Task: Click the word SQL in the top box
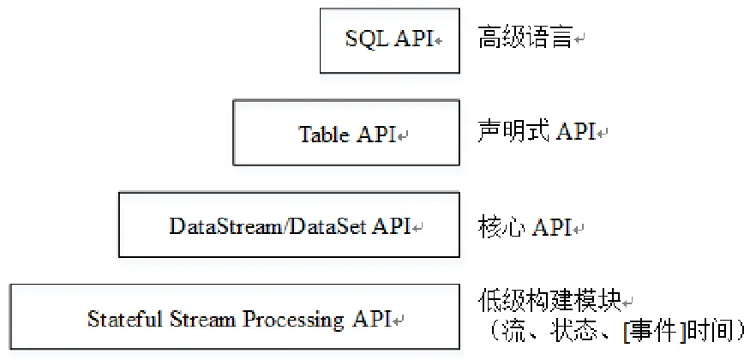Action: pyautogui.click(x=368, y=39)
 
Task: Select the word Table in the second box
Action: pyautogui.click(x=323, y=135)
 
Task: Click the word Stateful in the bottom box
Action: pyautogui.click(x=119, y=320)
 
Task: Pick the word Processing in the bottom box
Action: pyautogui.click(x=295, y=320)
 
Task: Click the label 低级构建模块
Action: pyautogui.click(x=549, y=303)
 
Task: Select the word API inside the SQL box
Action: pyautogui.click(x=414, y=39)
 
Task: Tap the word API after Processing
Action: pyautogui.click(x=371, y=320)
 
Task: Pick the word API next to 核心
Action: pyautogui.click(x=552, y=227)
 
